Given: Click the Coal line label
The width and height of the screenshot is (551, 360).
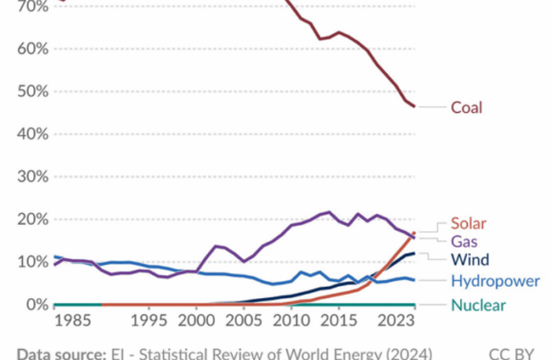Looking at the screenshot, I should click(466, 107).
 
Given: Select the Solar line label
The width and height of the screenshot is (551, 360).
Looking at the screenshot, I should click(469, 224).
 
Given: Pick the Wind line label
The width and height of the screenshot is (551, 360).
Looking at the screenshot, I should click(469, 260).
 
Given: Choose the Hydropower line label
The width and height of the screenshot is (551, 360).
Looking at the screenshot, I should click(494, 281).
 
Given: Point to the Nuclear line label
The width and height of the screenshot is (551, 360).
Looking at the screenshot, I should click(478, 305).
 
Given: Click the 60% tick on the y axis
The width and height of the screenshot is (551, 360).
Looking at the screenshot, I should click(31, 49).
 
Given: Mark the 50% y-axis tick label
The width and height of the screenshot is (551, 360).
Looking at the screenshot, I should click(31, 91).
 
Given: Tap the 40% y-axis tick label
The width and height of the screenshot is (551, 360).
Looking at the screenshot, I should click(31, 133).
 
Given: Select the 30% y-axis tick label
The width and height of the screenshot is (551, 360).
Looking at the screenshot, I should click(31, 176).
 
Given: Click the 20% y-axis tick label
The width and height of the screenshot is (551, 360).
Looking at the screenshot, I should click(31, 219).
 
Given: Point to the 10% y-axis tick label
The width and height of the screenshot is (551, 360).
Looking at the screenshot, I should click(31, 261).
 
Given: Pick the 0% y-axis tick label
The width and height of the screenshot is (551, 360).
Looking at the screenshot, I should click(35, 304).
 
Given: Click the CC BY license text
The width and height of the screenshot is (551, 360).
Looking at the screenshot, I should click(511, 353).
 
